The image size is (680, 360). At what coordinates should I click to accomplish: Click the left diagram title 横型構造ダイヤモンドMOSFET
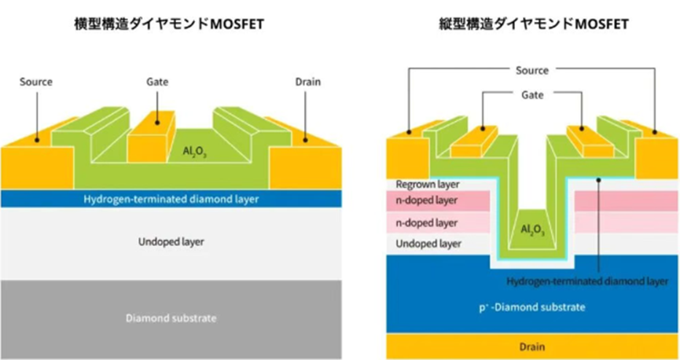[x=169, y=24]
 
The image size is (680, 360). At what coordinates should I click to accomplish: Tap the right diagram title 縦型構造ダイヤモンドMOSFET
[x=534, y=24]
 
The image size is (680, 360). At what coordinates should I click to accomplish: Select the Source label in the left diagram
[x=36, y=82]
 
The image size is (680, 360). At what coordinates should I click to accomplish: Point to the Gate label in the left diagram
[x=157, y=82]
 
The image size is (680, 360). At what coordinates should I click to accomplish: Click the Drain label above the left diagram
[x=308, y=82]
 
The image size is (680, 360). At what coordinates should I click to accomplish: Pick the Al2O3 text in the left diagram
[x=194, y=152]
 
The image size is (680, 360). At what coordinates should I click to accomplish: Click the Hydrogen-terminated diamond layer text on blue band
[x=171, y=200]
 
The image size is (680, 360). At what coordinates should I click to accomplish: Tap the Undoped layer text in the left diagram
[x=171, y=242]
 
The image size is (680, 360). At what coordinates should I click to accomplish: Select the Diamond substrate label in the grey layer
[x=171, y=318]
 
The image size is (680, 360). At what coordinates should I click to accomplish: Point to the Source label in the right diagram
[x=532, y=71]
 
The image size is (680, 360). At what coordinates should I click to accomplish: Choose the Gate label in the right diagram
[x=532, y=95]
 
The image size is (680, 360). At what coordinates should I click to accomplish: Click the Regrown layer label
[x=428, y=185]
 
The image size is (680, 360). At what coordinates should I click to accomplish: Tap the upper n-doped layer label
[x=427, y=200]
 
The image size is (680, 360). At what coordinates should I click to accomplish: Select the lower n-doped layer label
[x=427, y=223]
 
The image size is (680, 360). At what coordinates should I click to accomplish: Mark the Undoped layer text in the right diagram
[x=428, y=244]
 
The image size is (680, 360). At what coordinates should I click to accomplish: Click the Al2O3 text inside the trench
[x=532, y=230]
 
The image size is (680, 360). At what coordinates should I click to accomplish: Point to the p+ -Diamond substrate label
[x=532, y=307]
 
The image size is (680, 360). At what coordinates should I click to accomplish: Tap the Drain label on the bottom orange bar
[x=532, y=347]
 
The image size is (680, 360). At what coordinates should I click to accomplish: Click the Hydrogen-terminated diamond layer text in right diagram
[x=587, y=281]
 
